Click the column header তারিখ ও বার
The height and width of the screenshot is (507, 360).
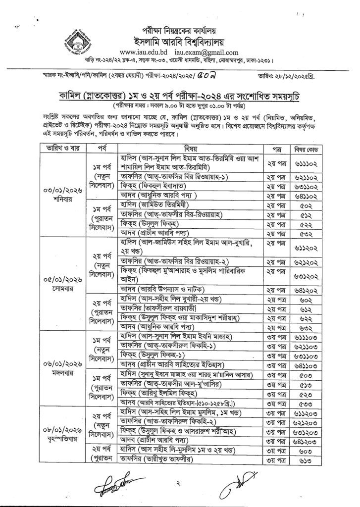[60, 135]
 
